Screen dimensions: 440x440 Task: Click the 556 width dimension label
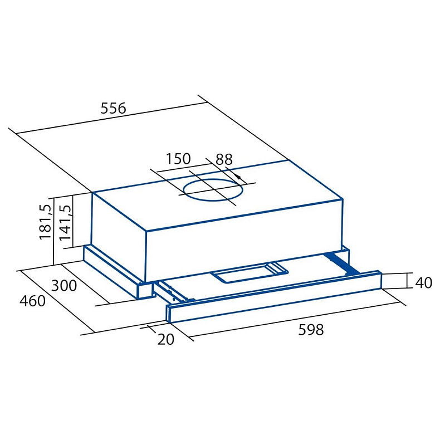[114, 108]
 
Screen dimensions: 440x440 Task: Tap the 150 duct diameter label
[178, 159]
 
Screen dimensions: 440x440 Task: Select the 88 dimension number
[224, 159]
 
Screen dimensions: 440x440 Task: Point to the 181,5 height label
[46, 222]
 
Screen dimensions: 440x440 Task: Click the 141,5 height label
[66, 222]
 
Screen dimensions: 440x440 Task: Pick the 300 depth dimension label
[64, 286]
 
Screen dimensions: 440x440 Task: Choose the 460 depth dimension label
[32, 301]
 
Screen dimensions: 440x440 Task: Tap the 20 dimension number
[166, 339]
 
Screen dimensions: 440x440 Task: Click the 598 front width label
[311, 329]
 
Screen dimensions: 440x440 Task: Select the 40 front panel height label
[424, 283]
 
